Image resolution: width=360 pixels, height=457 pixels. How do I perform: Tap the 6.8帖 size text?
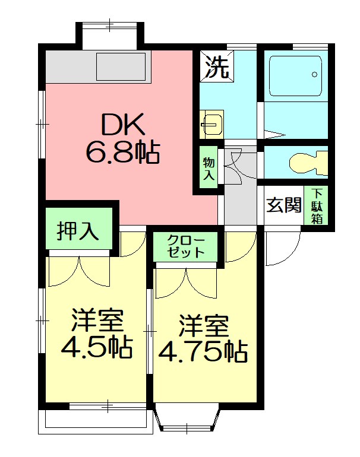pos(122,153)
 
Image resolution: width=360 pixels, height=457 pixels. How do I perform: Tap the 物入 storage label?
pos(209,168)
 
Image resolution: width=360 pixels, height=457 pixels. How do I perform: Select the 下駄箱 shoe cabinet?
pos(316,205)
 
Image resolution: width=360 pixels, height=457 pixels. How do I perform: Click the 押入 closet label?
pos(78,231)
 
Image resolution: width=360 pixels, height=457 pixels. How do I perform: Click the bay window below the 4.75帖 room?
pos(188,418)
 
